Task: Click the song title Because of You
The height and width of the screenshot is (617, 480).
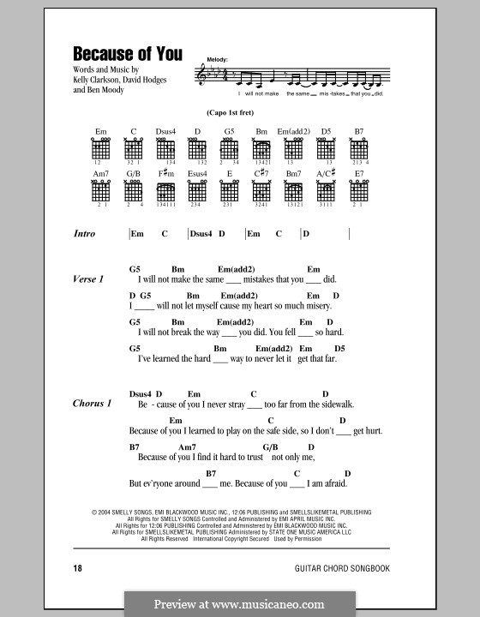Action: pos(127,53)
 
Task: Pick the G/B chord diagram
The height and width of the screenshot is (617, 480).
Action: pos(134,192)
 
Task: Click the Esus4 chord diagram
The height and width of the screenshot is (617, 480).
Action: pos(197,192)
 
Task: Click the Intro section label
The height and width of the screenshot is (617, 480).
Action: pos(84,234)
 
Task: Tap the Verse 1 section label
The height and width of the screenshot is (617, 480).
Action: pos(88,279)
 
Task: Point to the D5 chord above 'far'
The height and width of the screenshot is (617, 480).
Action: pos(339,349)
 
